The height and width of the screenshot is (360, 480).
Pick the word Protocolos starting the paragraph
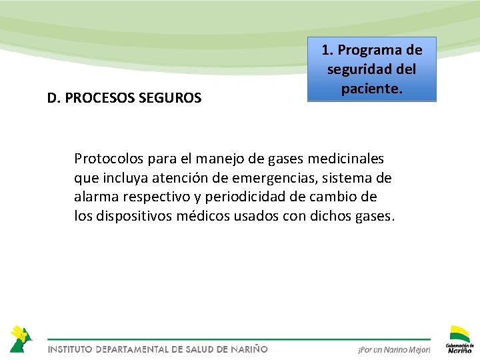[x=107, y=159]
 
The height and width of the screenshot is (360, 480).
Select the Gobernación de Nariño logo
[x=459, y=339]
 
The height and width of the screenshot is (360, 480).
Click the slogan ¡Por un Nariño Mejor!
[x=394, y=349]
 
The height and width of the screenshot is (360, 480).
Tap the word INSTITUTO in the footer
[x=69, y=349]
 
